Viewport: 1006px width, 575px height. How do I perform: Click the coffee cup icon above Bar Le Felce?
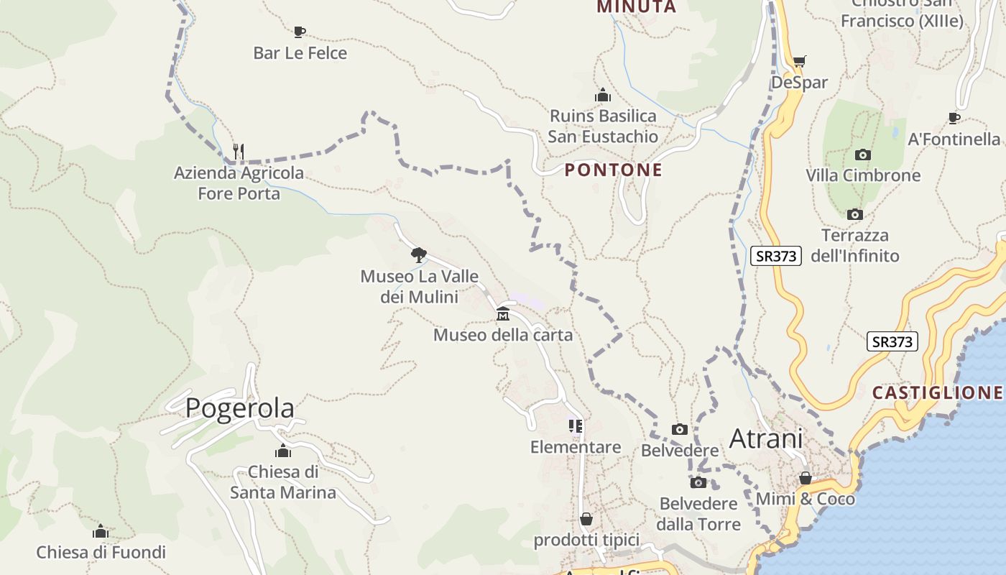pos(300,31)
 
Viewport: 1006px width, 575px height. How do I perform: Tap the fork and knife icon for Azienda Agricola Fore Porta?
pos(239,151)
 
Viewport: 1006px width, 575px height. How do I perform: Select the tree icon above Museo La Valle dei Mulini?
pos(419,254)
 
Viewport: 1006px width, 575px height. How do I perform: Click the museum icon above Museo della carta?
pos(503,313)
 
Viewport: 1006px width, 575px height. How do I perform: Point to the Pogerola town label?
pos(240,408)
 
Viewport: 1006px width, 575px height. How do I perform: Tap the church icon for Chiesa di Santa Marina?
pos(283,451)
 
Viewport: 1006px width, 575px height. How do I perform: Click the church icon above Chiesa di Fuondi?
pos(101,531)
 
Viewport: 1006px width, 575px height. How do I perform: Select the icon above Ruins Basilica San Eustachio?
pos(603,94)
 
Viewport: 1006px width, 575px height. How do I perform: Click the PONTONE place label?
pos(614,170)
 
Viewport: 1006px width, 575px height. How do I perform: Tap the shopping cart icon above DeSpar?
pos(799,61)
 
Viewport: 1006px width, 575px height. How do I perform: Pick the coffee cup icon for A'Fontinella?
pos(954,118)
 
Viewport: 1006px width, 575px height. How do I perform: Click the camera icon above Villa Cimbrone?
pos(863,155)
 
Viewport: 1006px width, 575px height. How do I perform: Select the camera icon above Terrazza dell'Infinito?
pos(854,214)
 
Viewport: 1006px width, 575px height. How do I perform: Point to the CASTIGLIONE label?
pos(937,392)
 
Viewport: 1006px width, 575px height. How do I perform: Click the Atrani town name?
pos(766,438)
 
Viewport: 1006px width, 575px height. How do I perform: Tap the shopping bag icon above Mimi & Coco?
pos(806,478)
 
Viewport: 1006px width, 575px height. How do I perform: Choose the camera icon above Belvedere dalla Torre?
pos(698,482)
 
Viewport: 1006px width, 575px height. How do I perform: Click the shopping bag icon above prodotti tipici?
pos(586,519)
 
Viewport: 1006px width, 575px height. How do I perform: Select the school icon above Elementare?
pos(576,426)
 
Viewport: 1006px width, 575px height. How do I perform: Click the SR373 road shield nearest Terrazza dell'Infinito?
pos(776,256)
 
